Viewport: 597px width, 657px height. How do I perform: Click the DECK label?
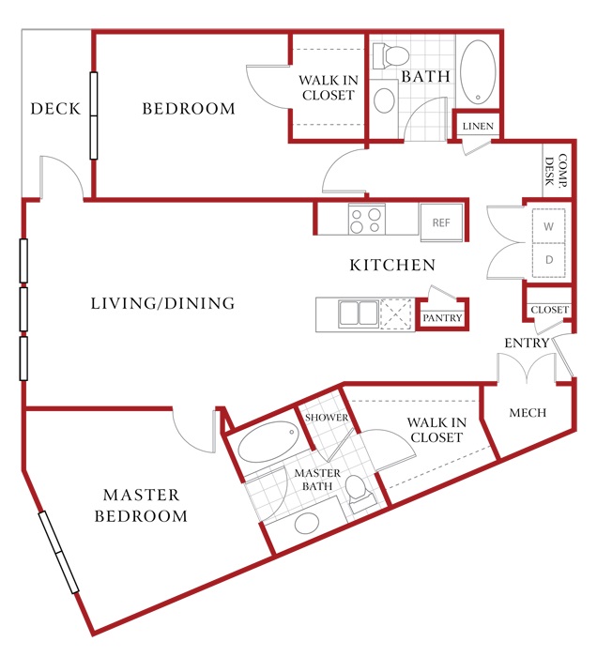(x=55, y=109)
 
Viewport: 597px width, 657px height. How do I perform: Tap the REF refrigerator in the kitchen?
(x=441, y=222)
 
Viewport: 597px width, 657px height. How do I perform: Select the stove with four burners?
(x=367, y=220)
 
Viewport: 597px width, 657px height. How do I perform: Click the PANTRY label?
(x=442, y=317)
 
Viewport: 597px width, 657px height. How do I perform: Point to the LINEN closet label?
(x=478, y=126)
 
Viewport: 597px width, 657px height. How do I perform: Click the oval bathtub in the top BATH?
(x=478, y=71)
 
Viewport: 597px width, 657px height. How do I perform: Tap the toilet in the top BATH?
(x=390, y=56)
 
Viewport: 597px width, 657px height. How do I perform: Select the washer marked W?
(x=548, y=226)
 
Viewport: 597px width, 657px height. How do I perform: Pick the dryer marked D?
(x=548, y=260)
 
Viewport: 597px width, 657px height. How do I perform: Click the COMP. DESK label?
(x=556, y=171)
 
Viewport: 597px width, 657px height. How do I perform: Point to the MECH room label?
(x=528, y=413)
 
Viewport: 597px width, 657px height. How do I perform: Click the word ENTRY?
(x=527, y=344)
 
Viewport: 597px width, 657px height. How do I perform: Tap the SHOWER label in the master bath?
(x=327, y=418)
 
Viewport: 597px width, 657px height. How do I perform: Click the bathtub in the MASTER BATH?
(x=268, y=442)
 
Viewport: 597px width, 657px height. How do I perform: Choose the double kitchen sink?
(x=359, y=313)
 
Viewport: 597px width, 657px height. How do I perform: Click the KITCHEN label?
(x=392, y=265)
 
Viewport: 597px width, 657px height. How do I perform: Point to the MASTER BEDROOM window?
(x=58, y=552)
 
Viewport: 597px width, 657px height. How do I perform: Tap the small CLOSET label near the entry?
(x=550, y=310)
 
